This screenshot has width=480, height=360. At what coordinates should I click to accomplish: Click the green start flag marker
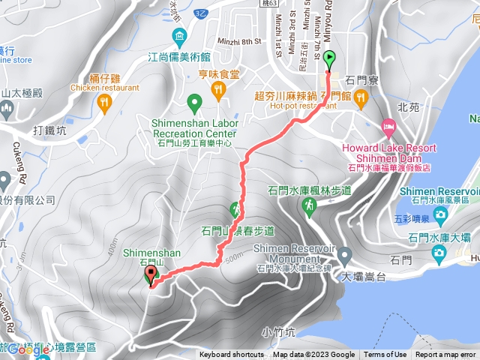point(330,57)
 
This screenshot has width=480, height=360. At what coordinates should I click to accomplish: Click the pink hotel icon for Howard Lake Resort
point(388,125)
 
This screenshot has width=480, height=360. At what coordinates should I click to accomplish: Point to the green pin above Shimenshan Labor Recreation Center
point(194,101)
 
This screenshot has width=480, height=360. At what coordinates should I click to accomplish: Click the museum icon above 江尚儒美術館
point(179,36)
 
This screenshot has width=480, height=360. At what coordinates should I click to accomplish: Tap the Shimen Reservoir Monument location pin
point(345,255)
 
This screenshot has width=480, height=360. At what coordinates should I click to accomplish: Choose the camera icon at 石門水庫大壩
point(440,238)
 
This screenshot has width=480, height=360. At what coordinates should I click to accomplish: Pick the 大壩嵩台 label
point(363,277)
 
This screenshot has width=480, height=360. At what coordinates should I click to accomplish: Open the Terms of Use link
point(385,355)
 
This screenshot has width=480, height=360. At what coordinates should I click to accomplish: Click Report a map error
point(446,355)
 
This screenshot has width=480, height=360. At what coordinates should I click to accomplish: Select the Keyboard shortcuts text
point(232,355)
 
